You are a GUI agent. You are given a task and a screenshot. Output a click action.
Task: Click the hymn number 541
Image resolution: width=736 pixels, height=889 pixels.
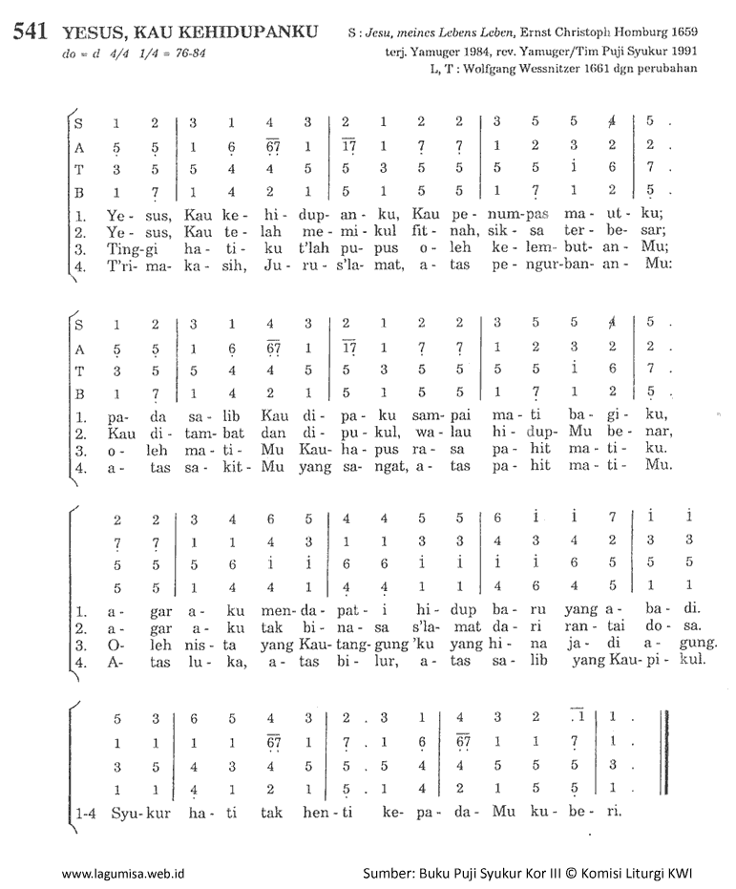(x=32, y=32)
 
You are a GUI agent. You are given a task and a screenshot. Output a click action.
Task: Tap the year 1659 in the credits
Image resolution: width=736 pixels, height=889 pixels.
(x=681, y=34)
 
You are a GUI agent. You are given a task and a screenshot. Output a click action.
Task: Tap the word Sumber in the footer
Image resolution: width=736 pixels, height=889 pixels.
(x=388, y=873)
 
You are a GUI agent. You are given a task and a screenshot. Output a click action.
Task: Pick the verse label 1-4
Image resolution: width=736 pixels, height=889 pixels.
(x=88, y=812)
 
